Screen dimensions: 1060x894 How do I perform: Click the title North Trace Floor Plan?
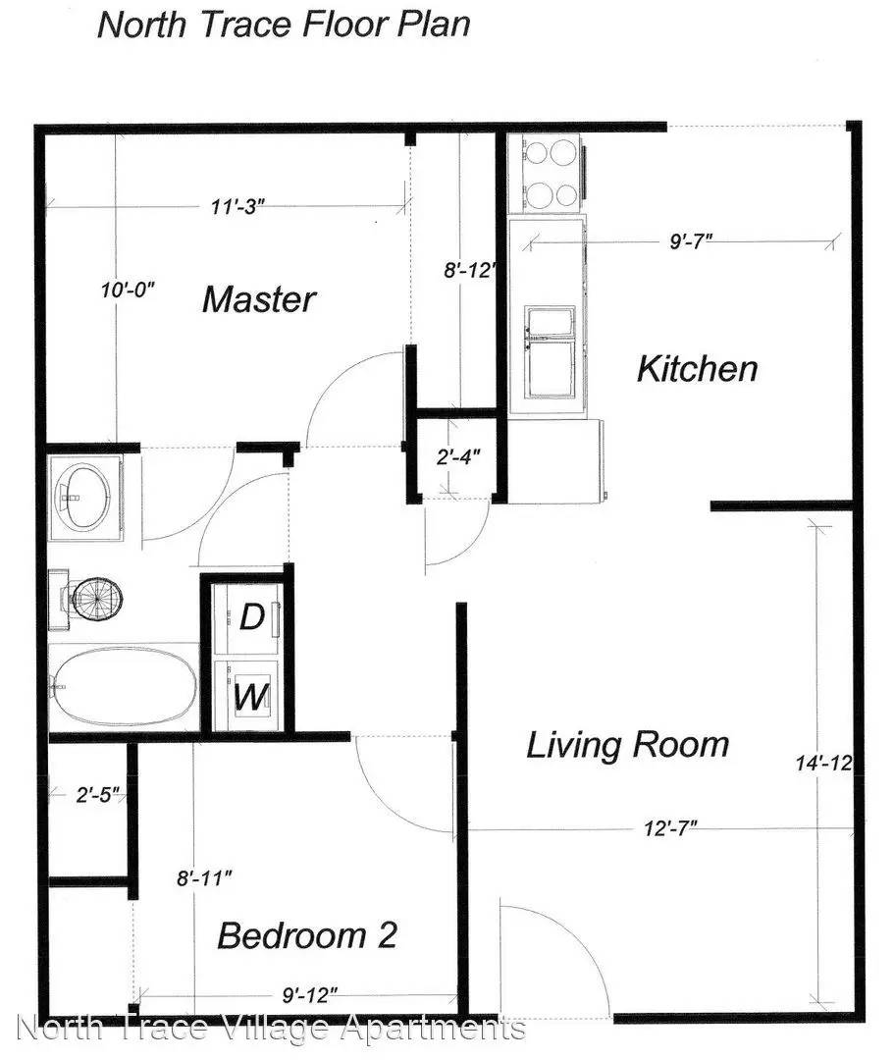coord(283,24)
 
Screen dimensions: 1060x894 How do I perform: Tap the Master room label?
coord(259,299)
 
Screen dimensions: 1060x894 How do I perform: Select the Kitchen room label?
coord(697,370)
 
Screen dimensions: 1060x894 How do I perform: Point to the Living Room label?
coord(627,745)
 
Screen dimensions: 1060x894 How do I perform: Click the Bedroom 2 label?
coord(306,934)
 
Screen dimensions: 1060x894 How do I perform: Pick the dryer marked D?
coord(251,618)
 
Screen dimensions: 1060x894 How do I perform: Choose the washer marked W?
coord(251,698)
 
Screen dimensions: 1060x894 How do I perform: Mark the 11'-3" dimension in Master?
coord(238,206)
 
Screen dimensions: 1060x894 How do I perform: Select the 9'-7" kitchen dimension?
coord(690,239)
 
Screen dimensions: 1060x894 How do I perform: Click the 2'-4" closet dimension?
coord(456,455)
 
